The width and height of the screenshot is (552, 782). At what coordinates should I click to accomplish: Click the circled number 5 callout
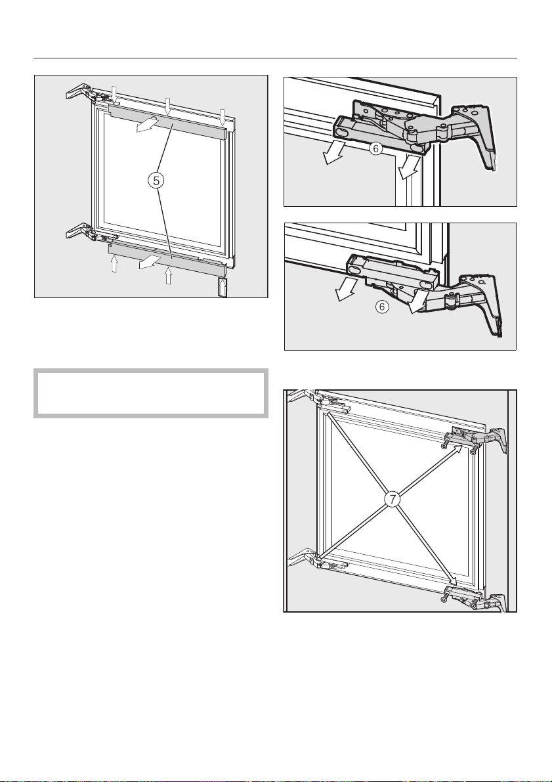tap(157, 181)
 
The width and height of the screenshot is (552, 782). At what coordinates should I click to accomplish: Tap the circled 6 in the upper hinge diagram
tap(376, 148)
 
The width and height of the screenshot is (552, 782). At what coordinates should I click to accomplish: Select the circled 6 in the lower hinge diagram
tap(381, 307)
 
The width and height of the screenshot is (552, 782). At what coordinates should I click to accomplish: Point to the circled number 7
tap(393, 499)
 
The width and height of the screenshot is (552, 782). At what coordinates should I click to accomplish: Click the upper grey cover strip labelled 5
tap(167, 122)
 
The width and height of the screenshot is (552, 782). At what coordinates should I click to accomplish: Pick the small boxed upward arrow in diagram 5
tap(223, 288)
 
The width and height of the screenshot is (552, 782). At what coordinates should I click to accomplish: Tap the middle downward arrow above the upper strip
tap(168, 106)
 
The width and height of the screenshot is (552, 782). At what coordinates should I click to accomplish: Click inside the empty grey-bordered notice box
tap(150, 393)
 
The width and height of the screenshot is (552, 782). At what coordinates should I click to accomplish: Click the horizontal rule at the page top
tap(275, 58)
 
